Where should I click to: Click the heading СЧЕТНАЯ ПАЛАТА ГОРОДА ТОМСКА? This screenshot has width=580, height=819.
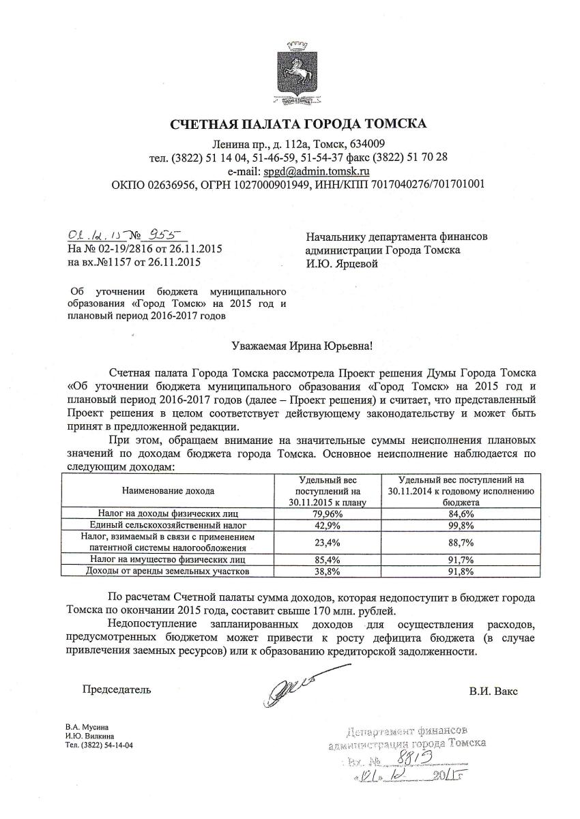298,123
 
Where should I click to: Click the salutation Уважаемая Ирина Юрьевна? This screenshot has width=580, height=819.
303,347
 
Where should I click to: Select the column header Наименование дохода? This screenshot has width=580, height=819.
168,490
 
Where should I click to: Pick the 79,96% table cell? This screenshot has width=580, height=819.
327,513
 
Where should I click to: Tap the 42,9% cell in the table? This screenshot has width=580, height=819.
327,526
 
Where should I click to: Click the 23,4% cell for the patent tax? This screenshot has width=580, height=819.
327,542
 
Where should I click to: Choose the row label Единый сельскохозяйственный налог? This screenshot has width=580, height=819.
168,526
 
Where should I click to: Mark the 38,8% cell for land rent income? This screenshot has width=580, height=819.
327,571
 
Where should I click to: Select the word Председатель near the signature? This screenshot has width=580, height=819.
117,689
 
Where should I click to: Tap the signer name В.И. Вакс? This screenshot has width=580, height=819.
493,691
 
